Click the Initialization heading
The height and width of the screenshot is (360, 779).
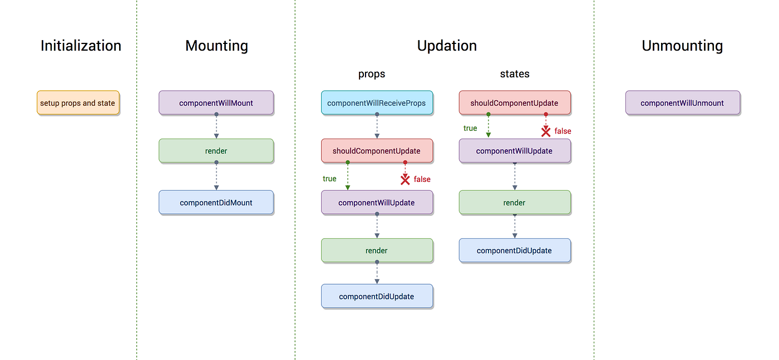[81, 46]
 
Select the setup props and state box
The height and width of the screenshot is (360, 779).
[78, 103]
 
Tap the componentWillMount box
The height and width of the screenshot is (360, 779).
[216, 103]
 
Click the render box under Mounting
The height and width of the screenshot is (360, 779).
[216, 151]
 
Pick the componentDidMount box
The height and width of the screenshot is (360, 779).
[216, 203]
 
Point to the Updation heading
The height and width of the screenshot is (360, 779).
[447, 46]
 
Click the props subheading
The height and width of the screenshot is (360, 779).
[372, 73]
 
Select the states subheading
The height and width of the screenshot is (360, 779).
[515, 73]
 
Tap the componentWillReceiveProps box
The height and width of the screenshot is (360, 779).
[377, 103]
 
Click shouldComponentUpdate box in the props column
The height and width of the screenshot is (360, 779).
[377, 151]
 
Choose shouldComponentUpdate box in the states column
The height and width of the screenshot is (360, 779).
[514, 103]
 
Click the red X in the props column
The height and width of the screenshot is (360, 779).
[405, 180]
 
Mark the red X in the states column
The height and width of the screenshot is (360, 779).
[546, 132]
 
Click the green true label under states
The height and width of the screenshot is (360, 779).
[470, 129]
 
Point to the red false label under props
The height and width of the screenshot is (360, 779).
[422, 179]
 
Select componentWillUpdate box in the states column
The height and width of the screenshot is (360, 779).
[514, 151]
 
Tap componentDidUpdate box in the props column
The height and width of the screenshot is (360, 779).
[377, 297]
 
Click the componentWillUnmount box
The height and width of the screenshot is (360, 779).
[682, 103]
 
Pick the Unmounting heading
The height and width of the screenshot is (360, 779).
[682, 46]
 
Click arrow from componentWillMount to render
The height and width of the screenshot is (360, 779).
[216, 127]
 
